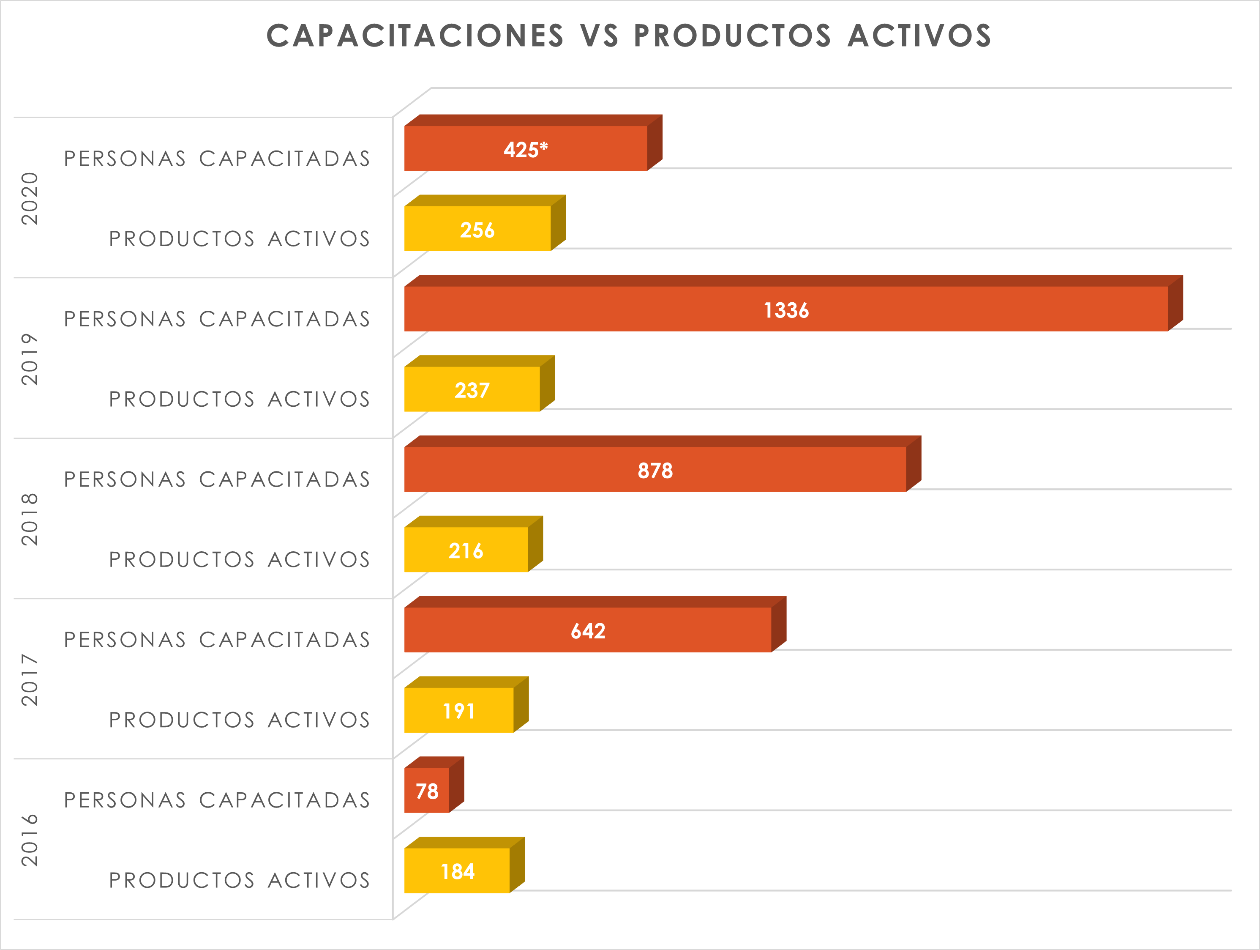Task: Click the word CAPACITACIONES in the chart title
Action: pyautogui.click(x=415, y=36)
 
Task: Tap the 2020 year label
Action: pyautogui.click(x=30, y=198)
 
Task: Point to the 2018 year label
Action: pyautogui.click(x=30, y=519)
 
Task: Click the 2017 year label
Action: pyautogui.click(x=30, y=680)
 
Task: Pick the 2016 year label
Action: pyautogui.click(x=30, y=840)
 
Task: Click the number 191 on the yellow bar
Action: pyautogui.click(x=458, y=711)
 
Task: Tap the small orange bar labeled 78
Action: pyautogui.click(x=427, y=791)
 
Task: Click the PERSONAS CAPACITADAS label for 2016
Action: pyautogui.click(x=217, y=800)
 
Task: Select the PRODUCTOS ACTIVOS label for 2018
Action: pyautogui.click(x=239, y=560)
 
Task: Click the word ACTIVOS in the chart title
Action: pyautogui.click(x=919, y=36)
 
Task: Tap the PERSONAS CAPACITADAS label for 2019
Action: pyautogui.click(x=217, y=319)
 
